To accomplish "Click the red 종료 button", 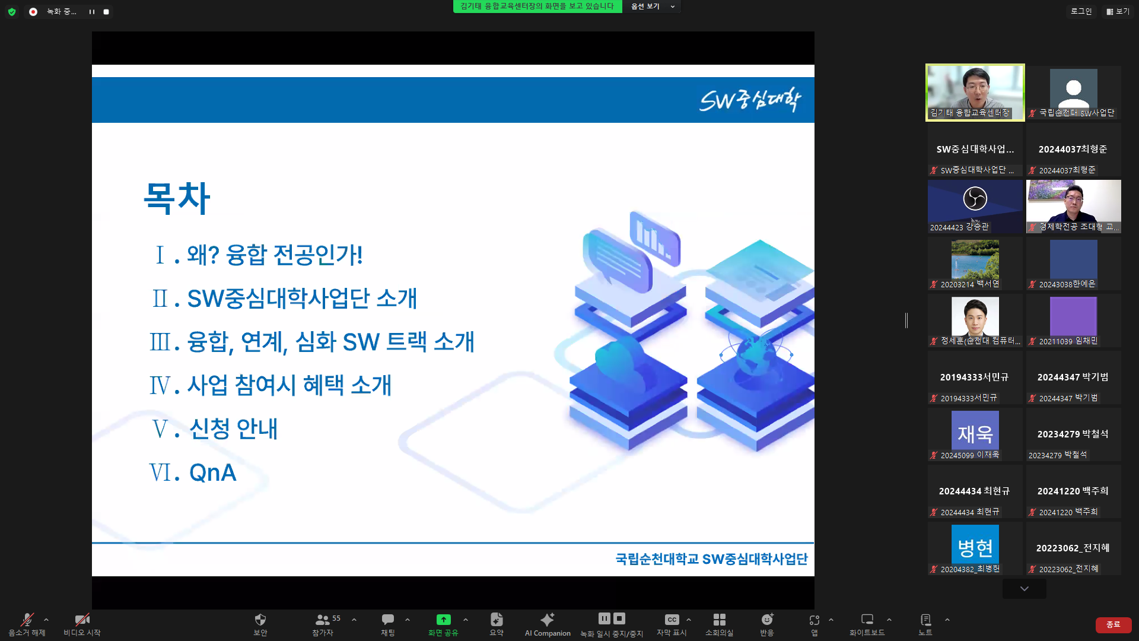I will click(x=1113, y=624).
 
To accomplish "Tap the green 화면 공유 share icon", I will click(x=443, y=620).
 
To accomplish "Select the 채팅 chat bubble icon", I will click(x=387, y=620).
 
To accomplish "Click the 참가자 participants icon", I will click(x=322, y=620).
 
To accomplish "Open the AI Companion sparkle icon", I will click(x=547, y=620).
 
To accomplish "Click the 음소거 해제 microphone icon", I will click(x=27, y=620).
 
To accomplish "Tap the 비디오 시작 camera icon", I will click(x=82, y=620).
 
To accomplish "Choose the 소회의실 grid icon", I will click(x=719, y=620).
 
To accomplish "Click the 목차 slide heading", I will click(x=177, y=198).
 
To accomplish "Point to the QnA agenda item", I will click(x=212, y=472).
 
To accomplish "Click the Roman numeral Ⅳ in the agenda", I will click(x=160, y=386).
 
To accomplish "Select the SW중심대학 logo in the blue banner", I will click(x=750, y=100).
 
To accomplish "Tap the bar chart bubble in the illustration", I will click(x=655, y=237).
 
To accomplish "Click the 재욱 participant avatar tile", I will click(x=975, y=431).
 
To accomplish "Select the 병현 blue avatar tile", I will click(x=975, y=545).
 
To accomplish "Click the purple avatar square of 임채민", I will click(x=1073, y=316).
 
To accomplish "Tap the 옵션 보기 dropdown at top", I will click(x=653, y=7).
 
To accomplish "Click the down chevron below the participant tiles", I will click(x=1025, y=589).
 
